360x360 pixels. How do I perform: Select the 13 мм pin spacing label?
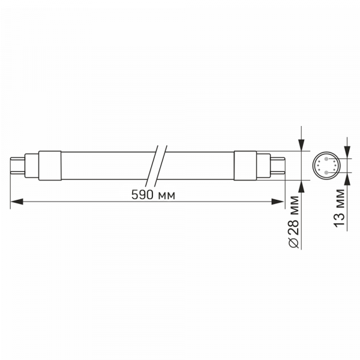point(340,208)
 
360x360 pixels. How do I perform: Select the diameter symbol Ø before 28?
point(293,241)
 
